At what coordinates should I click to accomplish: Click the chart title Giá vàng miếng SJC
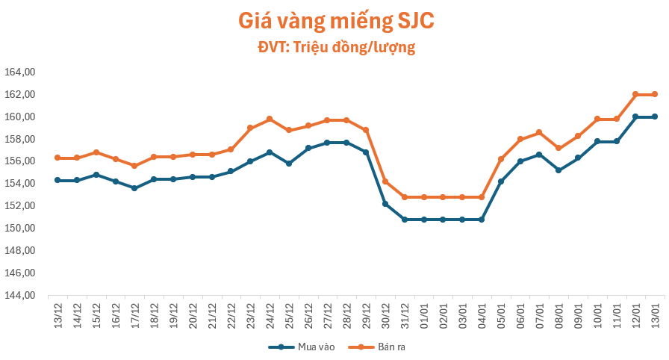click(x=335, y=20)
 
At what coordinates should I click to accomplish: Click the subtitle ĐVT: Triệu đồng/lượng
click(x=335, y=48)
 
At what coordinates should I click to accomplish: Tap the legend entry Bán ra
click(x=382, y=347)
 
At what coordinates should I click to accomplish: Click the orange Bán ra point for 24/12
click(x=270, y=119)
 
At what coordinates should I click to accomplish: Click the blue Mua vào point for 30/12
click(x=385, y=203)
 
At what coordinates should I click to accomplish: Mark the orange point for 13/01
click(x=655, y=94)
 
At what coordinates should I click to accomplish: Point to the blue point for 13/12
click(x=57, y=180)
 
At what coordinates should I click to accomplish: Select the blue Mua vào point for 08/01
click(x=558, y=170)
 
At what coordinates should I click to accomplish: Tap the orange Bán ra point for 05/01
click(x=501, y=159)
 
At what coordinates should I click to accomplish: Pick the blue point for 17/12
click(x=134, y=188)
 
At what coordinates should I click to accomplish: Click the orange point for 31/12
click(x=405, y=197)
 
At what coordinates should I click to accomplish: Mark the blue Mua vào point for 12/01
click(x=635, y=117)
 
